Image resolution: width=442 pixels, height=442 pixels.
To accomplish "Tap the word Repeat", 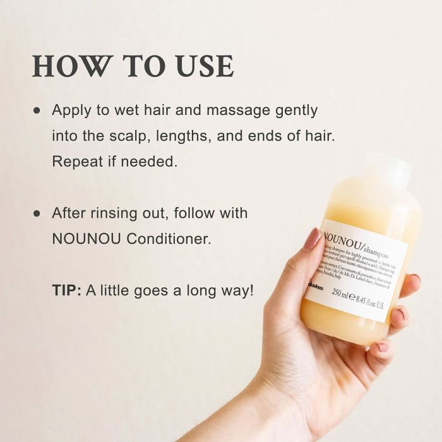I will pos(76,162).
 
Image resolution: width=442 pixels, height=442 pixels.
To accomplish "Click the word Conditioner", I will pos(175,239).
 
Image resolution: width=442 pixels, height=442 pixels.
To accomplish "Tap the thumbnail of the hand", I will pos(311,240).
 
